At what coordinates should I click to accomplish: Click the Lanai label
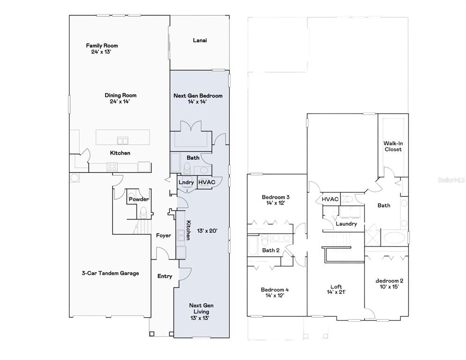point(200,40)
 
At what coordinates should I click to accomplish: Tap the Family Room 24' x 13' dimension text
point(101,52)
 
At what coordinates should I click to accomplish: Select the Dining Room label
point(120,96)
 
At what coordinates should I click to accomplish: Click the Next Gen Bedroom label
point(198,96)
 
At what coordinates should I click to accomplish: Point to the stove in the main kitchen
point(112,167)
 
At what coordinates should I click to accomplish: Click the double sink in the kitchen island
point(123,140)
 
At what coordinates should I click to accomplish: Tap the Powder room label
point(139,199)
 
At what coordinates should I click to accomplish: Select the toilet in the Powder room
point(143,213)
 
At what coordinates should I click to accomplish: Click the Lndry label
point(186,182)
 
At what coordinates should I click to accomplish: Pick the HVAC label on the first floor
point(207,182)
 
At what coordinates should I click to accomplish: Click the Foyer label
point(164,235)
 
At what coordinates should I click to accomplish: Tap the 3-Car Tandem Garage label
point(110,273)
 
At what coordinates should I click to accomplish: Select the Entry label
point(165,276)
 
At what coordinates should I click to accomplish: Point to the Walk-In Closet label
point(393,146)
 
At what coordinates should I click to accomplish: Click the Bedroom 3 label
point(276,197)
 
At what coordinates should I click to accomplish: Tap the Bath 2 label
point(271,250)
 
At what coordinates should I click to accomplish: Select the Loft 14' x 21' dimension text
point(336,292)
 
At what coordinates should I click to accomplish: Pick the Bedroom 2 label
point(389,281)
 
